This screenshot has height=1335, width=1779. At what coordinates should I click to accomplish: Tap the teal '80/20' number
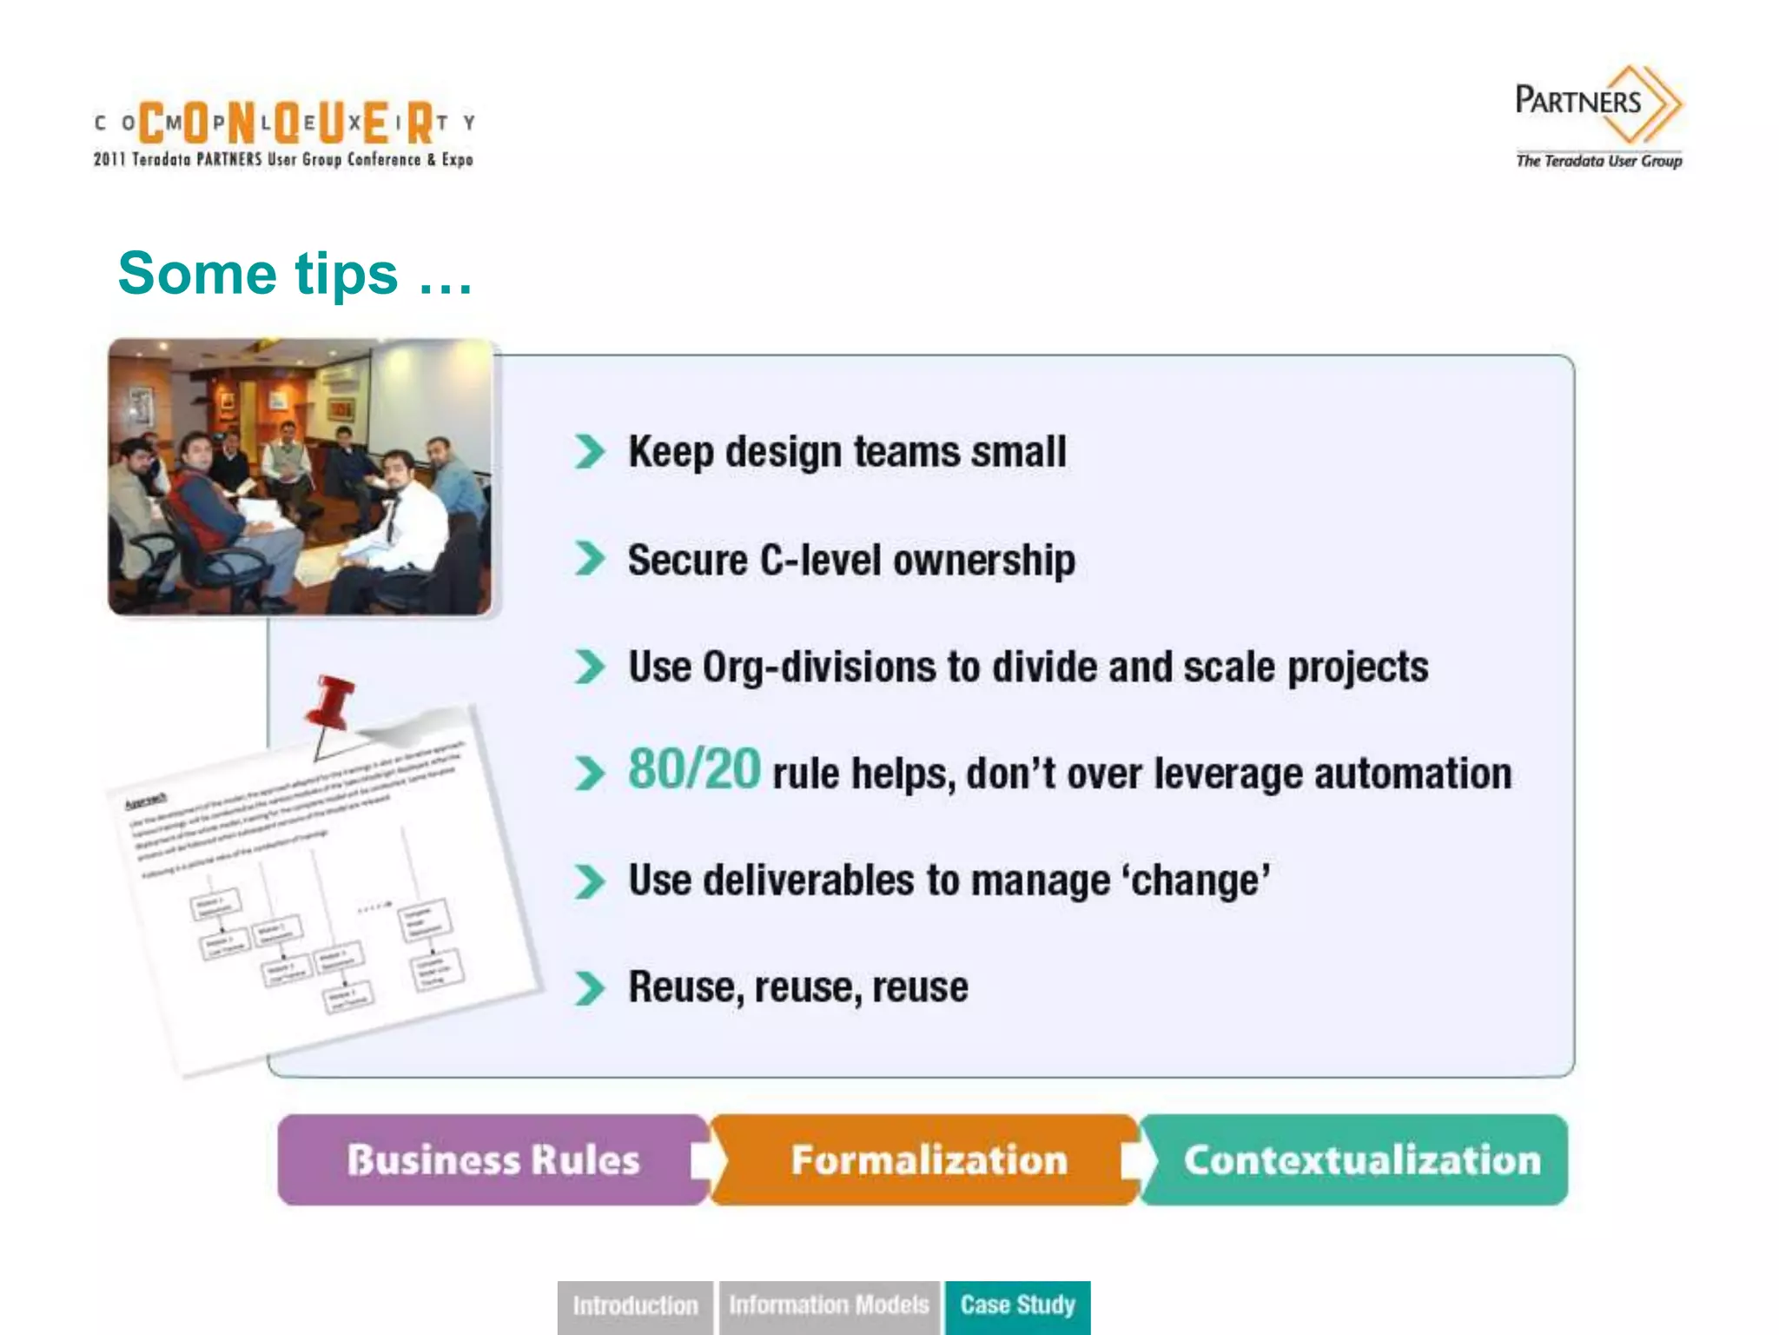tap(694, 770)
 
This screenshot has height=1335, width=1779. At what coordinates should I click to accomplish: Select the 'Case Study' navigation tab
tap(1017, 1305)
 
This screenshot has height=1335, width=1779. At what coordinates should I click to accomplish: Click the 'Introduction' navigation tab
tap(635, 1305)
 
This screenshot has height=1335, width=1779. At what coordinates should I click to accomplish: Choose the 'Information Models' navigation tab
tap(829, 1305)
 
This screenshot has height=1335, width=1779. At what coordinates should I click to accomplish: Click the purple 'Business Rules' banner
tap(493, 1160)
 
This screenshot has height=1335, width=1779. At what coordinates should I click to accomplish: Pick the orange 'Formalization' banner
tap(928, 1160)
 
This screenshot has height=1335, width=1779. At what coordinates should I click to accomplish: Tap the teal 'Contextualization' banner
tap(1361, 1160)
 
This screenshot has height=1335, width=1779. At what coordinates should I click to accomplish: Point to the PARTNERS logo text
tap(1577, 102)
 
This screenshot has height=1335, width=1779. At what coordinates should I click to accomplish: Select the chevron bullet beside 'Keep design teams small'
tap(590, 452)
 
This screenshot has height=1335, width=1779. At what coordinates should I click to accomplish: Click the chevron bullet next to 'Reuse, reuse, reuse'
tap(590, 988)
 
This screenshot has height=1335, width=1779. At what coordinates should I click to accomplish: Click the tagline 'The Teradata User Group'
tap(1598, 161)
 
